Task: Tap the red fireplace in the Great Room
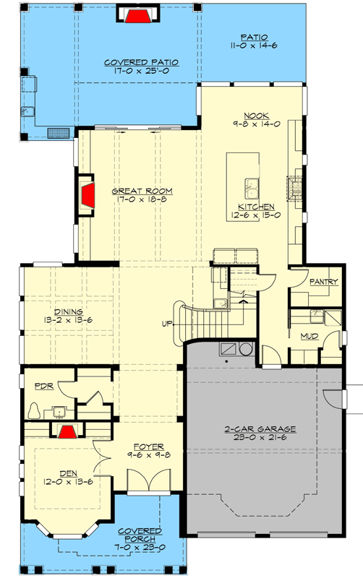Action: [87, 194]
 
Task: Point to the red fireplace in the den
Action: [67, 431]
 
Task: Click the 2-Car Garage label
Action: [261, 428]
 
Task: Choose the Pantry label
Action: [323, 282]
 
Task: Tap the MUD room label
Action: [309, 335]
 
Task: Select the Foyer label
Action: [147, 446]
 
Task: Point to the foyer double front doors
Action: [142, 481]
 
